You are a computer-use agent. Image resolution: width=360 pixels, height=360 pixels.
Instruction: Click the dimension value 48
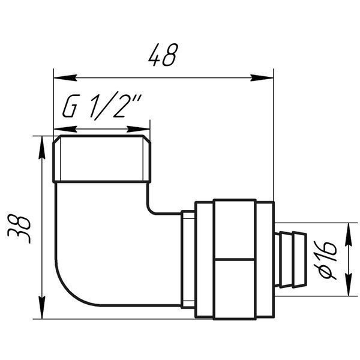click(x=163, y=55)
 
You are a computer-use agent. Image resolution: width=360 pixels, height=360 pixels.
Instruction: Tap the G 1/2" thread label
click(x=101, y=106)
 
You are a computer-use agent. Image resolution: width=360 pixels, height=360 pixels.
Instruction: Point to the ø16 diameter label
click(x=325, y=259)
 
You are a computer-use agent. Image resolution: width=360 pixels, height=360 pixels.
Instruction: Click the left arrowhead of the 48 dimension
click(x=65, y=78)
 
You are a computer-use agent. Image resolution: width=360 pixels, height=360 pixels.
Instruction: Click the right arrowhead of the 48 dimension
click(x=262, y=78)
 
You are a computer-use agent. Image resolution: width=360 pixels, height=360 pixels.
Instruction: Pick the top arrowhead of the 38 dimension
click(x=42, y=148)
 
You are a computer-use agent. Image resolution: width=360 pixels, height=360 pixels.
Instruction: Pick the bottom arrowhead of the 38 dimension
click(x=42, y=307)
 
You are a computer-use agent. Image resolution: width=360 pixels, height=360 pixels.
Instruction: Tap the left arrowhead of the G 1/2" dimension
click(x=65, y=129)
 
